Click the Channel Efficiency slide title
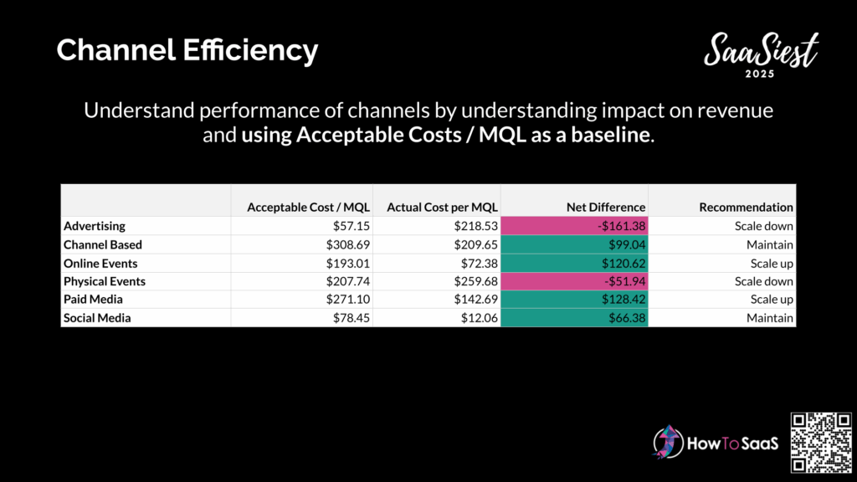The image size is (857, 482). pos(187,50)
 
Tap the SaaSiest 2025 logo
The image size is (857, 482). pos(761,54)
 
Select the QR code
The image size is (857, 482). pos(821,443)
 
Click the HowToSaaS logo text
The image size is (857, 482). pos(732,444)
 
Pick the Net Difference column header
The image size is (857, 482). pos(606,208)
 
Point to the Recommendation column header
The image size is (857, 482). pos(746,208)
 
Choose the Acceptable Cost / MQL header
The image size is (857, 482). pos(308,208)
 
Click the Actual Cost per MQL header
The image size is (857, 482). pos(442,208)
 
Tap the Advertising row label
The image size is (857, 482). pos(94,226)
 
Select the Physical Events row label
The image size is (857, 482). pos(105,281)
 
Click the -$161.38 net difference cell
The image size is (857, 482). pos(574,226)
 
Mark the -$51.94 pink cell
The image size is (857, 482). pos(574,281)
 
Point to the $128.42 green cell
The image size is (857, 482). pos(574,300)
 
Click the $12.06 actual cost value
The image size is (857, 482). pos(479,318)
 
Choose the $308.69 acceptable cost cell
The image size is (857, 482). pos(347,245)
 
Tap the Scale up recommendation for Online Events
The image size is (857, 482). pos(771,264)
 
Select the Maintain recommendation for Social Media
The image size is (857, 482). pos(770,318)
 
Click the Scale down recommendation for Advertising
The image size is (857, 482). pos(763,226)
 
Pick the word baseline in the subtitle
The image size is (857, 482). pos(610,135)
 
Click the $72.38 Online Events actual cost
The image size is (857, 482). pos(479,264)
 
